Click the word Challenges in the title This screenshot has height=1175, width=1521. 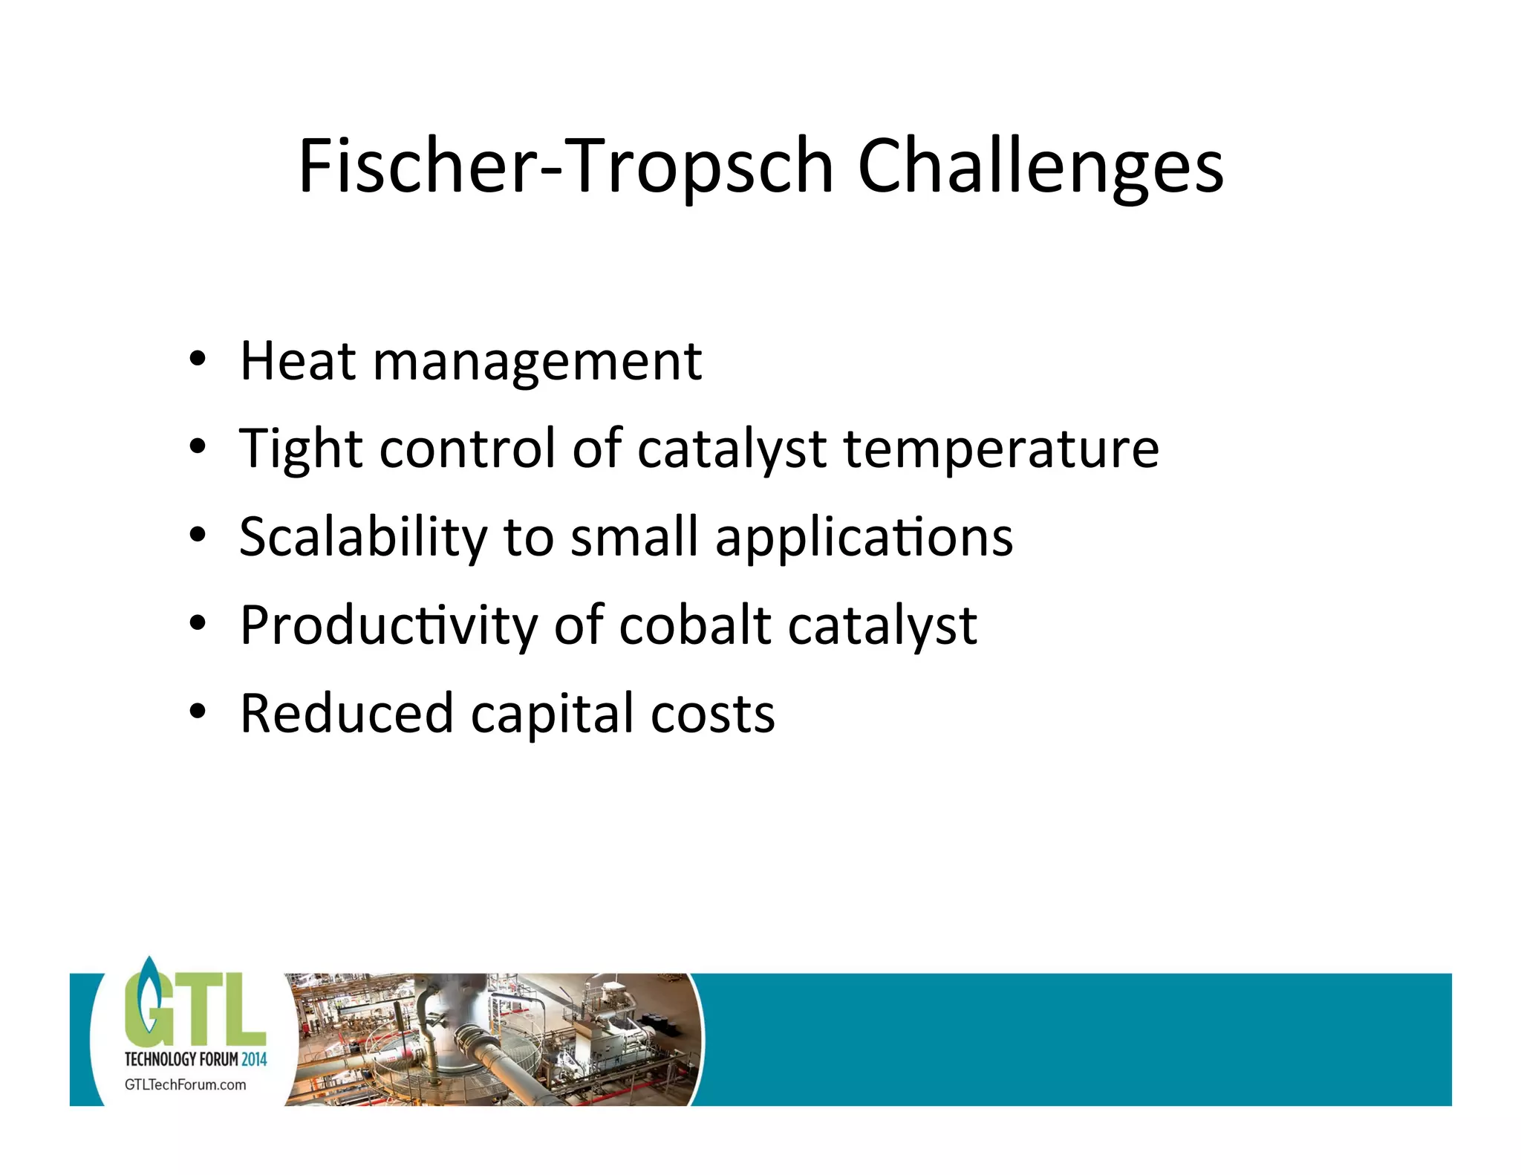click(1040, 167)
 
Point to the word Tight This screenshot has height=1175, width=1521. click(300, 450)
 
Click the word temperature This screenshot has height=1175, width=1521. click(1001, 450)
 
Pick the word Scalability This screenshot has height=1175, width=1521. click(362, 538)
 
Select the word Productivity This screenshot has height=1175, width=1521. click(388, 626)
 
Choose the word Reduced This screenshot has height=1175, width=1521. click(346, 714)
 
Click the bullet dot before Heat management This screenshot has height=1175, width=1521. click(197, 359)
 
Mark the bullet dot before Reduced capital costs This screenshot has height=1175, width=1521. click(197, 712)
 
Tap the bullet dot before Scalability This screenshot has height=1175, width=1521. click(197, 536)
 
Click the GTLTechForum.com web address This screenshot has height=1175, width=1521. click(185, 1084)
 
